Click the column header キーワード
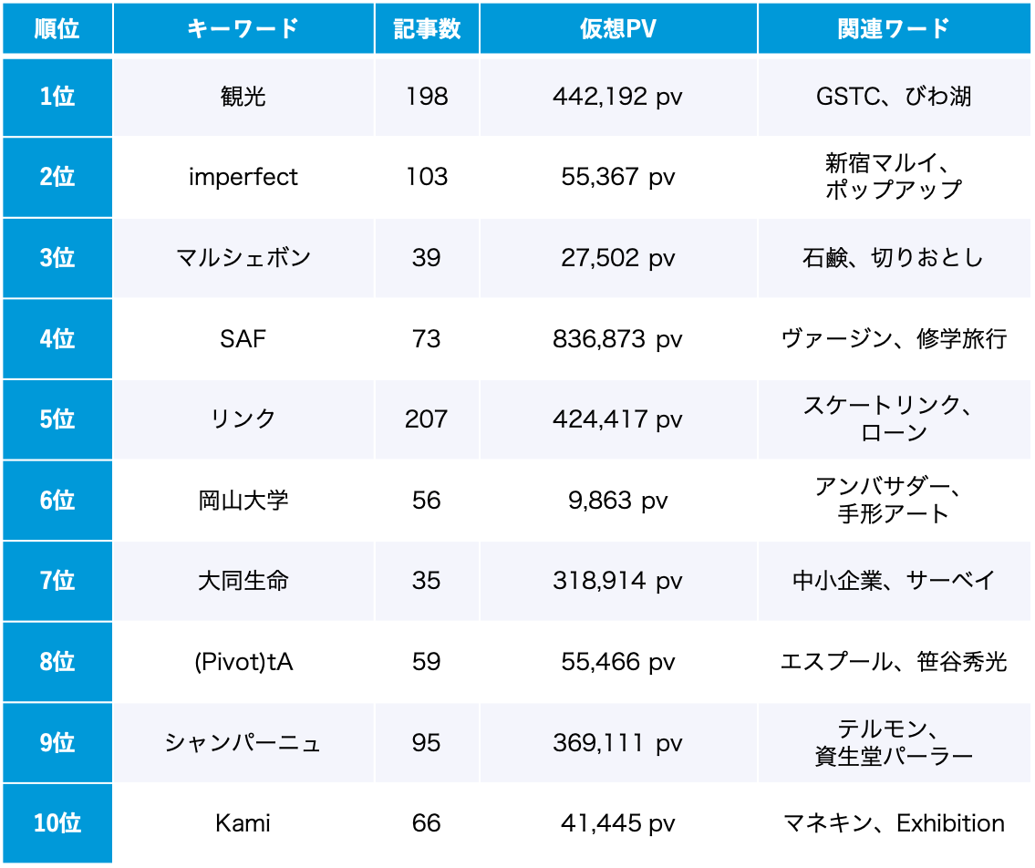[243, 28]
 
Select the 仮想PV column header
[617, 28]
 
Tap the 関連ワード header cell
[894, 28]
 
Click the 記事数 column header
[426, 28]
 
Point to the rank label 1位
[57, 97]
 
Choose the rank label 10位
[57, 823]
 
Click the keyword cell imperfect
[243, 177]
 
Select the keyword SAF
[243, 339]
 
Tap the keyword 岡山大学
[243, 501]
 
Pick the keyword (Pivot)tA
[243, 662]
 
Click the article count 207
[426, 419]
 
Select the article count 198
[426, 97]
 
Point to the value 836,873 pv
[617, 339]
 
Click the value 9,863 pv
[617, 501]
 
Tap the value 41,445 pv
[617, 823]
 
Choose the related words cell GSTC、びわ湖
[894, 97]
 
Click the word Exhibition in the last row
[950, 823]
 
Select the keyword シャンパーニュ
[243, 743]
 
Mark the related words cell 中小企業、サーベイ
[894, 581]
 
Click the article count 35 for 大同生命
[426, 581]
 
